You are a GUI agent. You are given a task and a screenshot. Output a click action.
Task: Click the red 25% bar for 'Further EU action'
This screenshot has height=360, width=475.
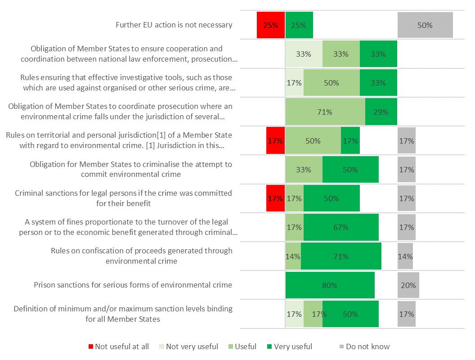coord(271,25)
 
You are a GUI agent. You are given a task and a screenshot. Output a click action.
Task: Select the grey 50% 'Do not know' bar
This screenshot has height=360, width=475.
coord(425,25)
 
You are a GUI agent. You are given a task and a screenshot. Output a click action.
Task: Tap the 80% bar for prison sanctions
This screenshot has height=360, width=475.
coord(330,285)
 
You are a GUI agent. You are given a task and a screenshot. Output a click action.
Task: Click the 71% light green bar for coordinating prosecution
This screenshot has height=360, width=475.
coord(325,112)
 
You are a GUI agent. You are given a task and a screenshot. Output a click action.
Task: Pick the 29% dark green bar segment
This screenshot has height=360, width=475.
coord(381,112)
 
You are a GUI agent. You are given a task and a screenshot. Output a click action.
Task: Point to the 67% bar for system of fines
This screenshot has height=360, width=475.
coord(341,227)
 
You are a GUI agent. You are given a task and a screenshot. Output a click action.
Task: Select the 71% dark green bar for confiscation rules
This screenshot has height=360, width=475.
coord(341,256)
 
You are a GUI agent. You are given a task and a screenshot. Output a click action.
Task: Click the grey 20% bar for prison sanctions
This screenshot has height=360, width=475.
coord(408,285)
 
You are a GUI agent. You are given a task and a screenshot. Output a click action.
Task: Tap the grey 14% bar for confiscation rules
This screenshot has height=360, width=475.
coord(405,256)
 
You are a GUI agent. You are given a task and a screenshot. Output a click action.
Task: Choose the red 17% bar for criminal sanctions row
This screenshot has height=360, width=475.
coord(275,198)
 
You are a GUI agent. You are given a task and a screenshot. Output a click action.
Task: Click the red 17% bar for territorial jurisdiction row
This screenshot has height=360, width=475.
coord(275,141)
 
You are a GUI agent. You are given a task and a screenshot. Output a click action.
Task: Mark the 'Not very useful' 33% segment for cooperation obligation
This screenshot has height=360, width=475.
coord(304,54)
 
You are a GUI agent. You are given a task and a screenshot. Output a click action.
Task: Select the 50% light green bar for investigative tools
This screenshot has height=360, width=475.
coord(332,83)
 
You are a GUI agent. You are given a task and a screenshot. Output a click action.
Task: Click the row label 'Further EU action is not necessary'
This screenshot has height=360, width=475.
coord(174,25)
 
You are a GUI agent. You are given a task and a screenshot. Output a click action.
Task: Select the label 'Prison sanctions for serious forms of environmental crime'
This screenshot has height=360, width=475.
coord(133,285)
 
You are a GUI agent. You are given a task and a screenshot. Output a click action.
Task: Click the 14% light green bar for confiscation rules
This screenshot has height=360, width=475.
coord(293,256)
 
